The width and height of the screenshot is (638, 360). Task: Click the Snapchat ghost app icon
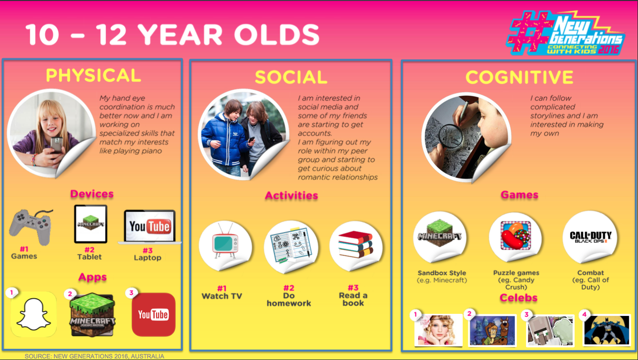pos(33,314)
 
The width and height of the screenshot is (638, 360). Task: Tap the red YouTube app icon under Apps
pos(154,314)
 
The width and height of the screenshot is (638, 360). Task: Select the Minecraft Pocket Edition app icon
pos(93,315)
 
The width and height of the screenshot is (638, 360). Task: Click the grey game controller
pos(31,227)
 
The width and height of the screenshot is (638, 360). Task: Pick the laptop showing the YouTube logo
pos(150,227)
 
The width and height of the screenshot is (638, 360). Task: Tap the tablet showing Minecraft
pos(91,224)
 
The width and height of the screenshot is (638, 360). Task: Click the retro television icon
pos(225,241)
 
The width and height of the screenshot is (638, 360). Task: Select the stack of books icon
pos(355,244)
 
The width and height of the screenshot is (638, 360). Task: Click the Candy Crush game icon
pos(516,235)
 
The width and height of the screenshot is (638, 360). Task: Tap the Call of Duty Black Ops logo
pos(590,237)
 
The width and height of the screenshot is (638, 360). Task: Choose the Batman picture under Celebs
pos(607,331)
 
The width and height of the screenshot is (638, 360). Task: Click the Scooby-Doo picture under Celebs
pos(493,330)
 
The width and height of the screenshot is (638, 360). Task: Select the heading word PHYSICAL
pos(93,75)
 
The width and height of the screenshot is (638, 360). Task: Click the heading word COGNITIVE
pos(519,77)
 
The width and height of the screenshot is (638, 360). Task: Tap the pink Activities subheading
pos(291,196)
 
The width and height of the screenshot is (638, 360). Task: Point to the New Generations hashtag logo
pos(566,33)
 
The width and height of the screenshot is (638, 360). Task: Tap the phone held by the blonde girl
pos(57,145)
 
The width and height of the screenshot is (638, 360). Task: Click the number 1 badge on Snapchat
pos(11,293)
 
